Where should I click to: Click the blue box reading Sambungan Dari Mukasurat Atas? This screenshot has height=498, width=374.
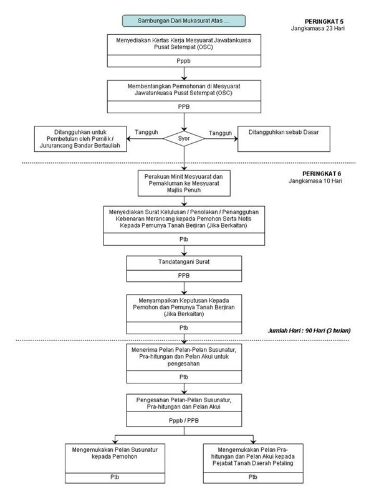pos(184,21)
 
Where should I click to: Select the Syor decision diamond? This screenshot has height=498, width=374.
pos(184,138)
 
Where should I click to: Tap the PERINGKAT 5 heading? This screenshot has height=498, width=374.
pos(324,22)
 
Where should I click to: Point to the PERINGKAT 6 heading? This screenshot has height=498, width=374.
pos(322,174)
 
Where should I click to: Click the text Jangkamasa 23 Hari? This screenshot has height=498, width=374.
pos(317,29)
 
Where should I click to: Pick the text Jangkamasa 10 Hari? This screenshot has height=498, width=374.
pos(315,181)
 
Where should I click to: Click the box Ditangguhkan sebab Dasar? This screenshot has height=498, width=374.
pos(284,139)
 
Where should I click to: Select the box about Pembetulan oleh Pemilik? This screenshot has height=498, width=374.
pos(80,139)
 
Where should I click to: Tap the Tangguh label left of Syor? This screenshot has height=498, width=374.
pos(146,132)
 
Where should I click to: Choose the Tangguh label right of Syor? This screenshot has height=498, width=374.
pos(220,133)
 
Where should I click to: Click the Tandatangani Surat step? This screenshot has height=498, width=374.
pos(184,263)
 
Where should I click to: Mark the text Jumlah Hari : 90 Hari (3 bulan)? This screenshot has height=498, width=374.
pos(309,331)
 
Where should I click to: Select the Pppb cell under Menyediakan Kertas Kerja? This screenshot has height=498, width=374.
pos(184,61)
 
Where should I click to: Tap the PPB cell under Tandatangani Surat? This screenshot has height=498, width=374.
pos(184,276)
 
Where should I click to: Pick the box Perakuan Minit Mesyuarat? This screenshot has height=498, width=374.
pos(184,183)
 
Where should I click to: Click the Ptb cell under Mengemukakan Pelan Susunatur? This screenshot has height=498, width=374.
pos(115,477)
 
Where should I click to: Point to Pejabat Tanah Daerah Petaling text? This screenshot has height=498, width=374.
pos(253,463)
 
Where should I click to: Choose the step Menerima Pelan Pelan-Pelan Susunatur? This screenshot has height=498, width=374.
pos(184,357)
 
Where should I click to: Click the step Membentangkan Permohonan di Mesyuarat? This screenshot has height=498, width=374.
pos(184,90)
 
